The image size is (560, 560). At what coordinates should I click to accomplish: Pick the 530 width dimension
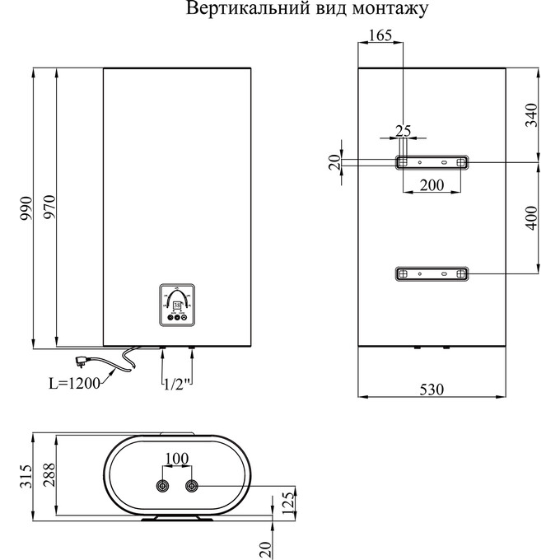pyautogui.click(x=432, y=390)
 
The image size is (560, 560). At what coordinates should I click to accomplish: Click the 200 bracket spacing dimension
pyautogui.click(x=431, y=184)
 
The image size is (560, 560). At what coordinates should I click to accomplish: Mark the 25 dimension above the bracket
pyautogui.click(x=403, y=131)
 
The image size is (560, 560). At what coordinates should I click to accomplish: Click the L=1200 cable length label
pyautogui.click(x=74, y=382)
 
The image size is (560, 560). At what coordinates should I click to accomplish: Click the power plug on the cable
pyautogui.click(x=83, y=360)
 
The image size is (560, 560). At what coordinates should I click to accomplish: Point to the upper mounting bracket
pyautogui.click(x=431, y=162)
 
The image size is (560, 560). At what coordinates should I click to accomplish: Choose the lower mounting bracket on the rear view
pyautogui.click(x=431, y=273)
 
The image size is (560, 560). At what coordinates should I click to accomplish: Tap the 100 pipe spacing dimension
pyautogui.click(x=177, y=458)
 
